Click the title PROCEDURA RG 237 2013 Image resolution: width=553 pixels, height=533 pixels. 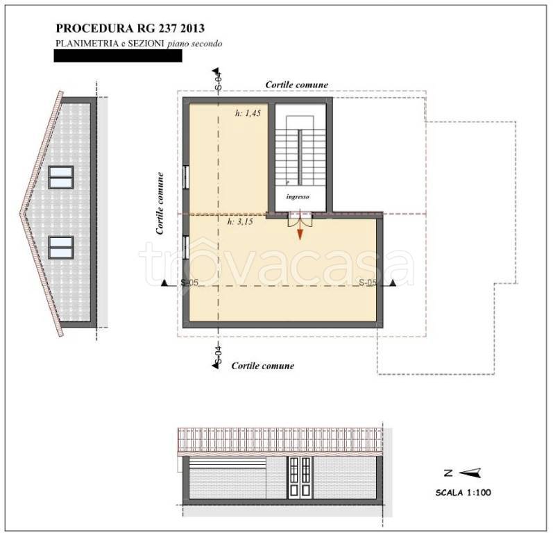pos(130,28)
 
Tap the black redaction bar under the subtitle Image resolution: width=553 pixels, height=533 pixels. pos(118,56)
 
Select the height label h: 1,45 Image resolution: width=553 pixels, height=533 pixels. pos(248,113)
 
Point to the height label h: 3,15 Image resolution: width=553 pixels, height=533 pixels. pos(240,221)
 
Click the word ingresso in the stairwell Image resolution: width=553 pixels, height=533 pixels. pos(298,197)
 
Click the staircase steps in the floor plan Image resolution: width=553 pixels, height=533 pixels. pos(300,157)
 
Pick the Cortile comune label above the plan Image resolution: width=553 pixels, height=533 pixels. pos(296,85)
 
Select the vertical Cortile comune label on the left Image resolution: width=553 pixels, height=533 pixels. pos(160,203)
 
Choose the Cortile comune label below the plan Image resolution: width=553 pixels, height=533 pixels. pos(263,366)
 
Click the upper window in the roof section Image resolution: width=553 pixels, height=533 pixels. pos(61,177)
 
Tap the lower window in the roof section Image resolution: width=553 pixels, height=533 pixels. pos(61,248)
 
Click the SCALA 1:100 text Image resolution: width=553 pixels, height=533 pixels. pos(463,493)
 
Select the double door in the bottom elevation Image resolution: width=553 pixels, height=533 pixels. pos(300,477)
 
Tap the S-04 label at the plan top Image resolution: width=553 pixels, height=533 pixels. pos(219,81)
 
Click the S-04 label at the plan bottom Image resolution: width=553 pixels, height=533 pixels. pos(219,355)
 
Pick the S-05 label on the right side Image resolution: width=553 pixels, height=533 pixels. pos(368,282)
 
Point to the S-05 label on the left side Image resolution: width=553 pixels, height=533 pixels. pos(189,282)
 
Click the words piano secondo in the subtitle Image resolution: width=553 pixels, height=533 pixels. pos(195,44)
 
